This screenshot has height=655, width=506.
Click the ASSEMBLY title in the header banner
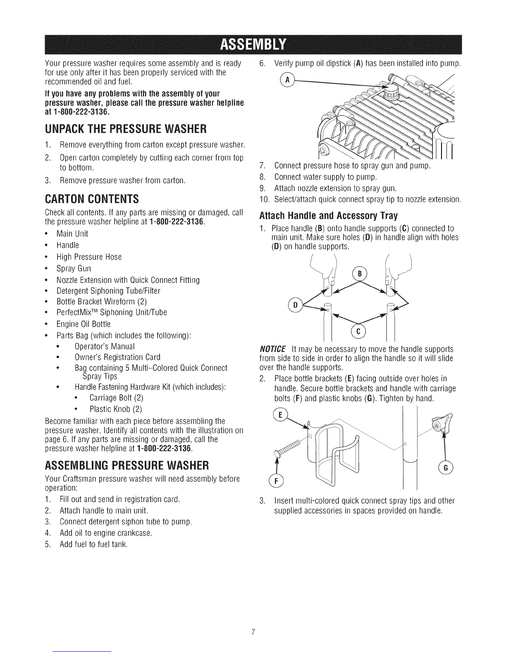pyautogui.click(x=253, y=45)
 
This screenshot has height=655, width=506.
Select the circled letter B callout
pyautogui.click(x=359, y=274)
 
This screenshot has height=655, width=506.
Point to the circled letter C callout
pyautogui.click(x=358, y=332)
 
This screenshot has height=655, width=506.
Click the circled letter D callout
pyautogui.click(x=295, y=305)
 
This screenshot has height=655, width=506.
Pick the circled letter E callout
pyautogui.click(x=280, y=415)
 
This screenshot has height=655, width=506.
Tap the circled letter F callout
pyautogui.click(x=276, y=481)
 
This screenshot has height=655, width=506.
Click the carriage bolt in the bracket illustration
pyautogui.click(x=287, y=448)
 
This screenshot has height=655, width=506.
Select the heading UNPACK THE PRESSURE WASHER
pyautogui.click(x=126, y=129)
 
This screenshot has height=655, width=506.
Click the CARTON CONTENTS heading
pyautogui.click(x=92, y=199)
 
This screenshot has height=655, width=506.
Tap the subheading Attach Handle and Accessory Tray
pyautogui.click(x=329, y=216)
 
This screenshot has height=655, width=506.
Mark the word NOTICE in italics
pyautogui.click(x=272, y=349)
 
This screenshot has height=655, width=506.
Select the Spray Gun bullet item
pyautogui.click(x=74, y=268)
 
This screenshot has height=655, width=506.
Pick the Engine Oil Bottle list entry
pyautogui.click(x=84, y=324)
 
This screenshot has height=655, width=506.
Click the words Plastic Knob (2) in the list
pyautogui.click(x=116, y=409)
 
